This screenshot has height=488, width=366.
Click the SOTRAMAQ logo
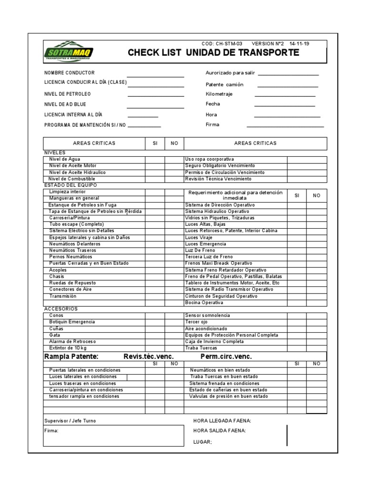69,51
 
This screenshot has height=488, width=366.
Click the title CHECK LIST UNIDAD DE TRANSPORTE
213,53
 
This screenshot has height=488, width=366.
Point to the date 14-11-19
299,43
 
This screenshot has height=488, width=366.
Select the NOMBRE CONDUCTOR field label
70,73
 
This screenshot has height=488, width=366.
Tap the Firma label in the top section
213,125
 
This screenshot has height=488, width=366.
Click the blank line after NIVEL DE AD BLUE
155,106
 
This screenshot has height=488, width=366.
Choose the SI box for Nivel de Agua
155,159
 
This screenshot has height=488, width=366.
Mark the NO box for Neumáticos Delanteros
174,244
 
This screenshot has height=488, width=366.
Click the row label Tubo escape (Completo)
76,224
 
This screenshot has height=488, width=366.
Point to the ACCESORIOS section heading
61,309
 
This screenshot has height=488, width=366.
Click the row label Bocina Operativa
203,303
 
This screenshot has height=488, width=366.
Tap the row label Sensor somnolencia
207,315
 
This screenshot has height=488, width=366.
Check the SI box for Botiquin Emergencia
155,322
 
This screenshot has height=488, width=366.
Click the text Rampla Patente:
71,357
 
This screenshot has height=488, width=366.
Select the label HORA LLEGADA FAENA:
222,420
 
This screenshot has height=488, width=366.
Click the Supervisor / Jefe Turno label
70,421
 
